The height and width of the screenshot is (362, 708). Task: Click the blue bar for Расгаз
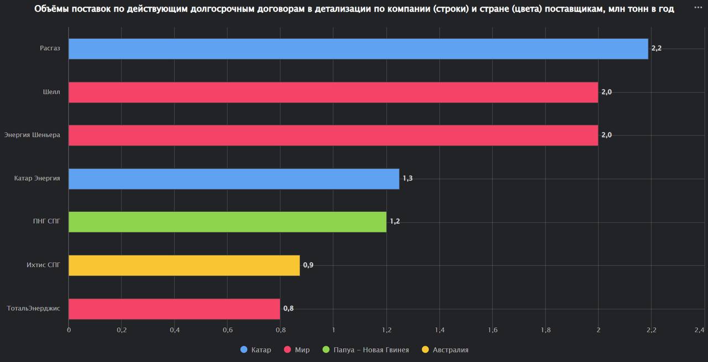358,49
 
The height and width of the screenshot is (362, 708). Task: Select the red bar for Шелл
333,92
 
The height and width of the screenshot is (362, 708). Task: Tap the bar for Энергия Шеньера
333,135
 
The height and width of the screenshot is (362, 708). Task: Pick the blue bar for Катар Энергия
233,179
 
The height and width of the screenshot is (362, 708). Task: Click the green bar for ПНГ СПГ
227,222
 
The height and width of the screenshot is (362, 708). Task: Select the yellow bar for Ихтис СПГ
184,265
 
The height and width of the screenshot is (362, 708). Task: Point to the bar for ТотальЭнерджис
174,309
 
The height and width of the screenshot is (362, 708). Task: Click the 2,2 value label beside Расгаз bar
657,49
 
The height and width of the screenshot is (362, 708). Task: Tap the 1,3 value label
408,179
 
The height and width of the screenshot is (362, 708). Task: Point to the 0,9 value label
308,265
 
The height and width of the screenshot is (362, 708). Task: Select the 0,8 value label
288,308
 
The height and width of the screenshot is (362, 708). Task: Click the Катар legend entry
256,350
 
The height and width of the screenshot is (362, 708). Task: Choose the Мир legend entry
297,350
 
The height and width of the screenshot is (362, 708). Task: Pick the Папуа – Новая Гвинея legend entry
366,350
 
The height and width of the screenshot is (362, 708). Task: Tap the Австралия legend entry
445,350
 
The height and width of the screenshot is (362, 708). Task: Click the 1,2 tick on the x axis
386,330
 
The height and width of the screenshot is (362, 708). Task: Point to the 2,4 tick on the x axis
699,330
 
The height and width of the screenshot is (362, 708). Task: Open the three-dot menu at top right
698,8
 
